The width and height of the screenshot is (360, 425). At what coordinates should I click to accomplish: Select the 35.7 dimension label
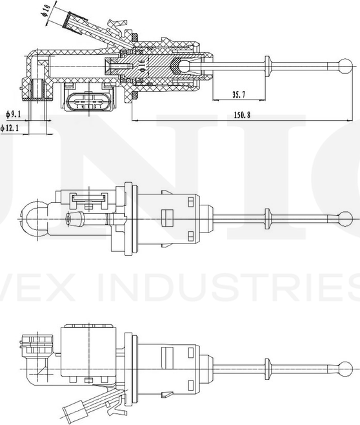238,95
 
